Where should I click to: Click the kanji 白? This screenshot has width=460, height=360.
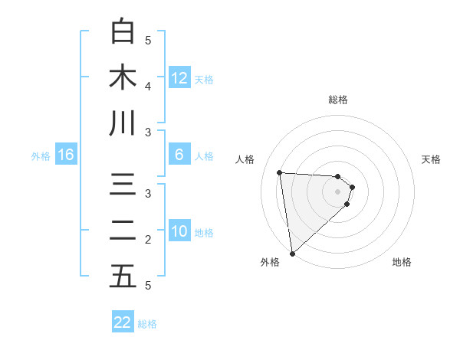(x=123, y=32)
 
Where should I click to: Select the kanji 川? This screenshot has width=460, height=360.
(x=123, y=123)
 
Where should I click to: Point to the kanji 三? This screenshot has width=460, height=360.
(x=123, y=186)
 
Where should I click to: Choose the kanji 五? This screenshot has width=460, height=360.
(x=123, y=277)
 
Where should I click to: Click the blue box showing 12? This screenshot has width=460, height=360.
(x=179, y=78)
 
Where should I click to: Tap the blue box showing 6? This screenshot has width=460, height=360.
(x=179, y=155)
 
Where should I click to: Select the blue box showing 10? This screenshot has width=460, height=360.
(x=179, y=231)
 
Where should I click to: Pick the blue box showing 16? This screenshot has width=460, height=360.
(x=66, y=155)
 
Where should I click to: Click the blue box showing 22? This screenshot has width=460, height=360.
(x=123, y=322)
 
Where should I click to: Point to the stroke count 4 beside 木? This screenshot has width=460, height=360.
(x=148, y=86)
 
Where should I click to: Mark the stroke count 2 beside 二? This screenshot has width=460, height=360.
(x=148, y=240)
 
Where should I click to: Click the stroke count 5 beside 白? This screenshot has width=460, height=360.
(x=148, y=40)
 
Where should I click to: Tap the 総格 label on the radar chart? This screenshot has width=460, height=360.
(x=338, y=100)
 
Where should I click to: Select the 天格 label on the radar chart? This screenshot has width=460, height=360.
(x=432, y=159)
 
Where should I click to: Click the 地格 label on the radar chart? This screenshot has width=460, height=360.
(x=402, y=262)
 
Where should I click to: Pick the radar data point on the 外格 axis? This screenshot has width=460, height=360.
(x=292, y=254)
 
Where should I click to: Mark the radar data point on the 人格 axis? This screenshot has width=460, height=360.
(x=280, y=172)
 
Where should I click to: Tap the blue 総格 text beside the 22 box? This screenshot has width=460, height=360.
(x=147, y=324)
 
